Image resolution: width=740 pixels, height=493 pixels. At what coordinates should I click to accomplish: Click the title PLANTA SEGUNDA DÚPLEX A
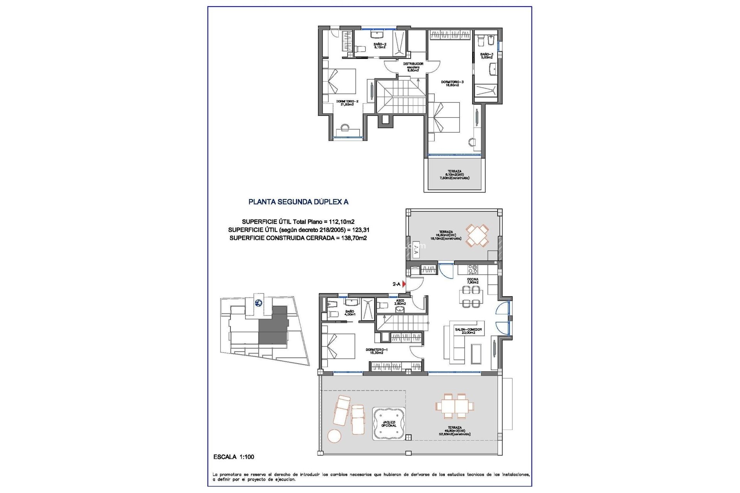pos(298,202)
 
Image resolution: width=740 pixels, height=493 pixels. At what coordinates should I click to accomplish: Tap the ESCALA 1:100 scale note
pos(234,457)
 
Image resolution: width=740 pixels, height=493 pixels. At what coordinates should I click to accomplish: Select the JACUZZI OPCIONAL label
pos(389,424)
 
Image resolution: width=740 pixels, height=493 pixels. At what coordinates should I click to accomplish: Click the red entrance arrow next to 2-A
pos(404,284)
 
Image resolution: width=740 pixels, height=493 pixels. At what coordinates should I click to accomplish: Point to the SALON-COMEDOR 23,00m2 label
pos(468,331)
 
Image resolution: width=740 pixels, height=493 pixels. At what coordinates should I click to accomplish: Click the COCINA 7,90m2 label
pos(473,281)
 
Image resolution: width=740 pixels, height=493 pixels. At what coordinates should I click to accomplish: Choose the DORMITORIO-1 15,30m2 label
pos(377,351)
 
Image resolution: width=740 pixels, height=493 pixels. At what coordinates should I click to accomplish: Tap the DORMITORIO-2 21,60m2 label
pos(347,103)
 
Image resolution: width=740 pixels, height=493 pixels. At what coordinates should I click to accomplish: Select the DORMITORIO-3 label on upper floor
pos(452,84)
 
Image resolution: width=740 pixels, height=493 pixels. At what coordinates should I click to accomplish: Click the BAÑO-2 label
pos(380,45)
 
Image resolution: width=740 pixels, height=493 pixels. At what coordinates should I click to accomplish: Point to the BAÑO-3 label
pos(486,56)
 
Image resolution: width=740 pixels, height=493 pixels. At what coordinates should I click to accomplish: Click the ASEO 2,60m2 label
pos(400,302)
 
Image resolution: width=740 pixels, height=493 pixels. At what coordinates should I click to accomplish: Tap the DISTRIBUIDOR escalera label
pos(413,67)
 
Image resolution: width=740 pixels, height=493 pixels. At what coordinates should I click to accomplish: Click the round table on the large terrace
pos(334,436)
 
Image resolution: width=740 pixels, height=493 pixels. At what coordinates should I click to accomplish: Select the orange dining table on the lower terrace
pos(454,406)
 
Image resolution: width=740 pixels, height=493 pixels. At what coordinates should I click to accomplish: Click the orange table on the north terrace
pos(477,235)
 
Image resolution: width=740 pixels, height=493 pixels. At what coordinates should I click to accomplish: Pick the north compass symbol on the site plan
pos(258,303)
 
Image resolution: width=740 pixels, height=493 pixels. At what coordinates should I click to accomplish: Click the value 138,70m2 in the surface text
pos(354,238)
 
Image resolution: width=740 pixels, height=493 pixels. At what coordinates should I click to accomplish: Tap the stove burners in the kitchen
pos(473,269)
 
